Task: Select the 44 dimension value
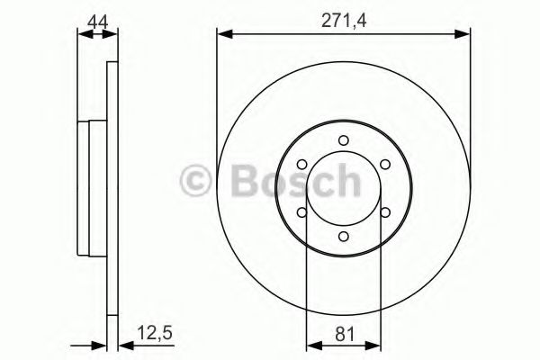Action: click(97, 19)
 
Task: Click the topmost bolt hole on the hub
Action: click(343, 139)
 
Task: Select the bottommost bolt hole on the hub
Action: click(343, 236)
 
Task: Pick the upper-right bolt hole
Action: click(384, 164)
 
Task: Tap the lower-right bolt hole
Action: click(384, 212)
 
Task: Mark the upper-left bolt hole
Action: click(301, 164)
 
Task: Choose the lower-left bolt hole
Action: click(301, 212)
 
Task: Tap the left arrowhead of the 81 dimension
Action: click(311, 343)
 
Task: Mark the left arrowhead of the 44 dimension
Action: click(83, 35)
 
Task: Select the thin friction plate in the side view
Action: click(112, 189)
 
